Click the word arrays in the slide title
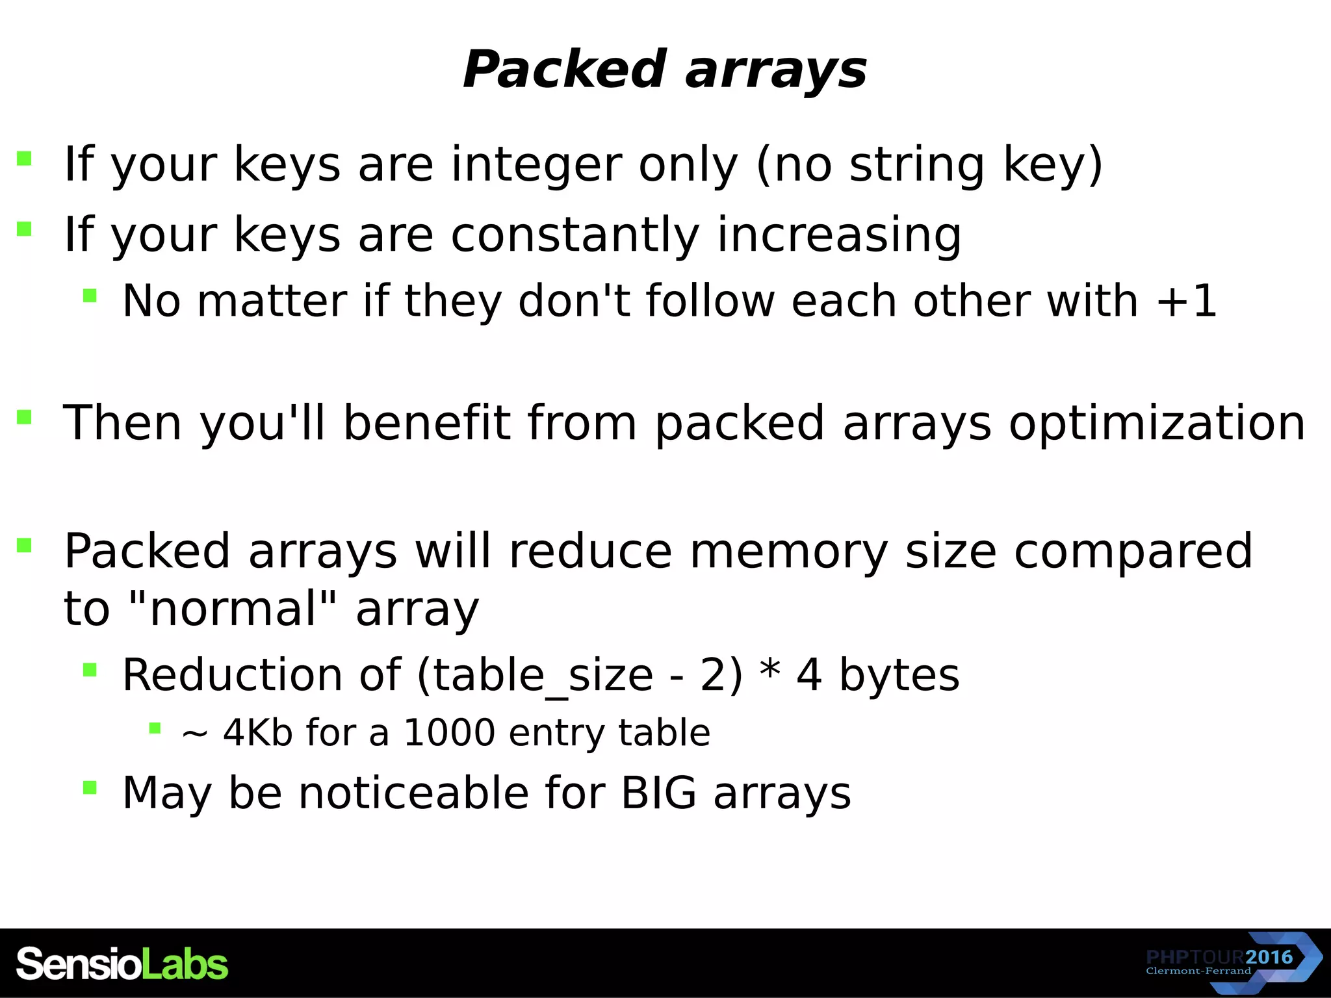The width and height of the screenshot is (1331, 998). tap(776, 71)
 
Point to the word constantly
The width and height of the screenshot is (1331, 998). tap(575, 235)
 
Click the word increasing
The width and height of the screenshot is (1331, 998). tap(838, 235)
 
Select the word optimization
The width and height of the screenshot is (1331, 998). tap(1157, 423)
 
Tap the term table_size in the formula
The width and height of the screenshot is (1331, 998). tap(543, 675)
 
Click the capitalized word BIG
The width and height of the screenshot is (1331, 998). tap(658, 793)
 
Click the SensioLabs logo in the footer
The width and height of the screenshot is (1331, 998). tap(122, 964)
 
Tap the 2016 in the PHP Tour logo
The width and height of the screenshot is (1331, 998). tap(1269, 957)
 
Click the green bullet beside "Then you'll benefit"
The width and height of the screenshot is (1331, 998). tap(25, 416)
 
